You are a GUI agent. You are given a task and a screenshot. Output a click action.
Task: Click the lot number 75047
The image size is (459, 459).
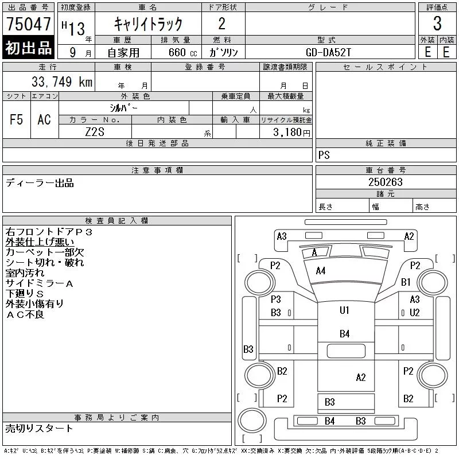point(28,24)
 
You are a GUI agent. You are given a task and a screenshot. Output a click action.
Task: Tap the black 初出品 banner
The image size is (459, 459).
point(28,48)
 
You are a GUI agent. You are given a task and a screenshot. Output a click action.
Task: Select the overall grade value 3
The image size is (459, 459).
point(437,24)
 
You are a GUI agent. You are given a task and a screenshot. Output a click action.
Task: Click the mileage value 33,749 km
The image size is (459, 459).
point(62,81)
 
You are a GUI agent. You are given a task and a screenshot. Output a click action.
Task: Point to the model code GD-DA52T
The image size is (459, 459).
point(328,52)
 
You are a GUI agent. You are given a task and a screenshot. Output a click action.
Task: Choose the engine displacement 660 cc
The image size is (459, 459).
point(182,52)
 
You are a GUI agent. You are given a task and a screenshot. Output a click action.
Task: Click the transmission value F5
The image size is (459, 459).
point(17,119)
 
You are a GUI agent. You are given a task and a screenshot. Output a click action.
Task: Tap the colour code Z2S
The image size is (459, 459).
point(95,132)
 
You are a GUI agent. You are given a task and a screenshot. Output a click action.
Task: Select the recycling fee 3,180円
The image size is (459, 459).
point(291,133)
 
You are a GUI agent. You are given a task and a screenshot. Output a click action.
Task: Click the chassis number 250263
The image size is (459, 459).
point(386,182)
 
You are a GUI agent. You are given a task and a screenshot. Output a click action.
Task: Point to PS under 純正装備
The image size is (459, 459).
point(324,155)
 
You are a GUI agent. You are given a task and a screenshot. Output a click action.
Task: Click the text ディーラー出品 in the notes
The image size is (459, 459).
point(40,183)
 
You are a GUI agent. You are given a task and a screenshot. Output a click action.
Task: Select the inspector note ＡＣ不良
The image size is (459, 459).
point(25,314)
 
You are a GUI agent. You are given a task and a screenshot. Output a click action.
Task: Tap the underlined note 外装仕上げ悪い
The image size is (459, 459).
point(40,242)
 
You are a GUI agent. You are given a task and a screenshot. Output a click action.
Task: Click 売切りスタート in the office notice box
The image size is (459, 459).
point(39,429)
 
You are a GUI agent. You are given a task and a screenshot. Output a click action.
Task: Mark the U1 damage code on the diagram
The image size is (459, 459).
point(344,310)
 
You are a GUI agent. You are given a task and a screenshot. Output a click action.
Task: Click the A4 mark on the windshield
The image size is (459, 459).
point(321,271)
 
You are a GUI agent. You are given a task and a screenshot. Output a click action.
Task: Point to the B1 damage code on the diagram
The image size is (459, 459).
point(406,282)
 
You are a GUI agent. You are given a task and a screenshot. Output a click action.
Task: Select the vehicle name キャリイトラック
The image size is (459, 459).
point(148,24)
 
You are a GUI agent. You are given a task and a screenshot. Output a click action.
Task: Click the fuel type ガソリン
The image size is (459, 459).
point(223,52)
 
